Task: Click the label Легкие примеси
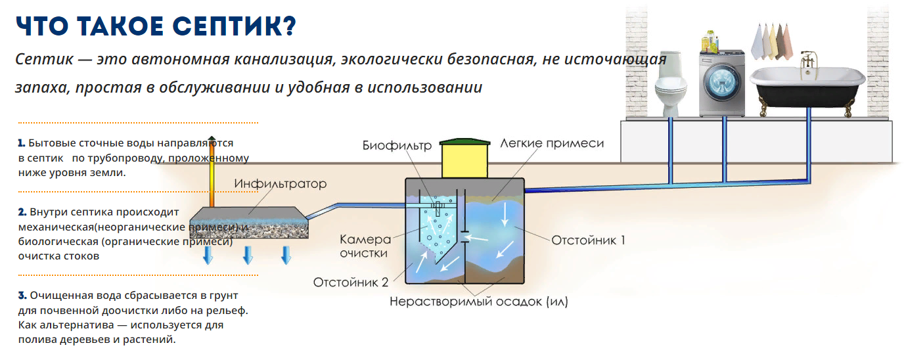[x=551, y=143]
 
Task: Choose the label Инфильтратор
[x=280, y=184]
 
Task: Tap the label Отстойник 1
[x=588, y=240]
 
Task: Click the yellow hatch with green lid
[x=464, y=158]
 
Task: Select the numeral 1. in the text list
[x=22, y=143]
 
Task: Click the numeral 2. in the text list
[x=22, y=212]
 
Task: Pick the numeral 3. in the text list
[x=22, y=294]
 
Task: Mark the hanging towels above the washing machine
[x=771, y=41]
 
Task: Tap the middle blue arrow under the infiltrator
[x=248, y=255]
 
